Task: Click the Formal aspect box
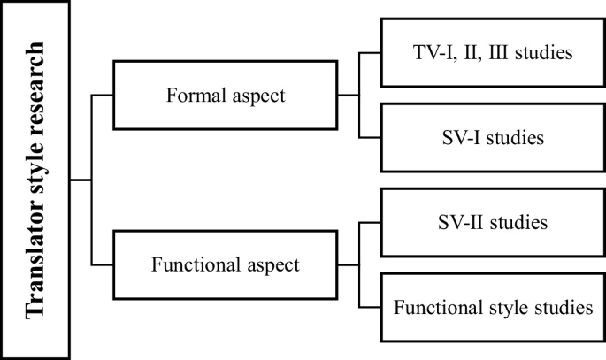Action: tap(226, 95)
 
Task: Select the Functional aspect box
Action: tap(226, 264)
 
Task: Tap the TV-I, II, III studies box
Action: tap(493, 52)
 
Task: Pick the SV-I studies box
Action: tap(493, 137)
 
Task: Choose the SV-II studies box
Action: tap(493, 222)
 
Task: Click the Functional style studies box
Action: tap(493, 308)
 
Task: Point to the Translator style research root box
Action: tap(35, 180)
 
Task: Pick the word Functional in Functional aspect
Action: tap(190, 264)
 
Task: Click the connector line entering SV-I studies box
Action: tap(371, 137)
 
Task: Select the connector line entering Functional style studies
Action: tap(371, 307)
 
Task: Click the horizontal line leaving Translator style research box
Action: tap(81, 180)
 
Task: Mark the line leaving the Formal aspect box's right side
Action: tap(349, 95)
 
